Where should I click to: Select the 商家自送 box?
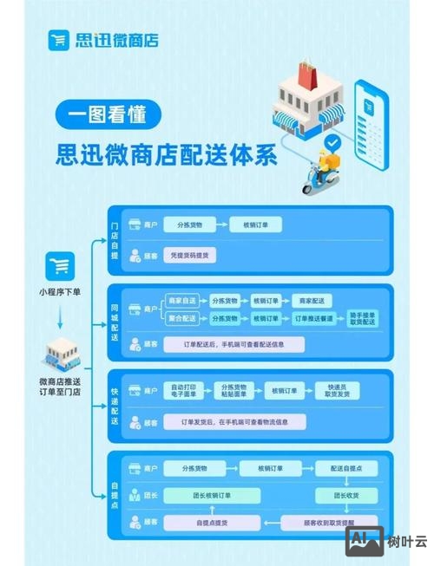tap(182, 300)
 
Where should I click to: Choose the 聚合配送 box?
tap(182, 319)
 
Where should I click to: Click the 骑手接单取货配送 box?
tap(362, 319)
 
